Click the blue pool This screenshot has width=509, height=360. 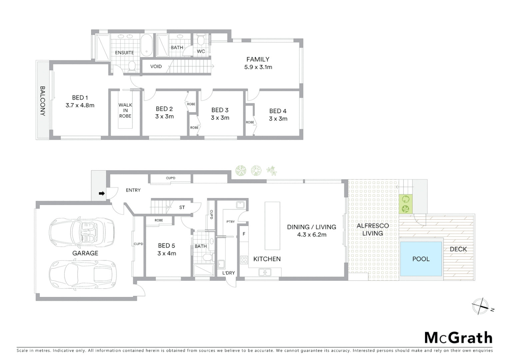point(421,259)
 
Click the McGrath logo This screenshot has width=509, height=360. point(458,338)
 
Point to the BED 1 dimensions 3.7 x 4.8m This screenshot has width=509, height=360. point(80,105)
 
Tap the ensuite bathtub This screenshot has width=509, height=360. point(146,45)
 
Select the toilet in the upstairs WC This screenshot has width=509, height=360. point(201,41)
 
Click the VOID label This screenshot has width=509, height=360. point(156,66)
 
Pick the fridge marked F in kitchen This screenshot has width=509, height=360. point(244,234)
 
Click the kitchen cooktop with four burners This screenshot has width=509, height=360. point(244,260)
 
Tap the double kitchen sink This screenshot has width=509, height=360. point(265,273)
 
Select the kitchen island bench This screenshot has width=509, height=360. point(272,226)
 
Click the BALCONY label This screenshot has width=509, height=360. point(43,101)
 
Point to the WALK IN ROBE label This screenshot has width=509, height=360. point(125,110)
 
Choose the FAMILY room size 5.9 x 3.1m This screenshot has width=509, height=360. point(258,67)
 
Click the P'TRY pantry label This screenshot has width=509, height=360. point(231,222)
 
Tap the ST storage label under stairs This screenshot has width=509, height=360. point(182,207)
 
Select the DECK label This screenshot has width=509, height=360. point(458,249)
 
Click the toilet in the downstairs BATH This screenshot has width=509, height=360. point(208,257)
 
